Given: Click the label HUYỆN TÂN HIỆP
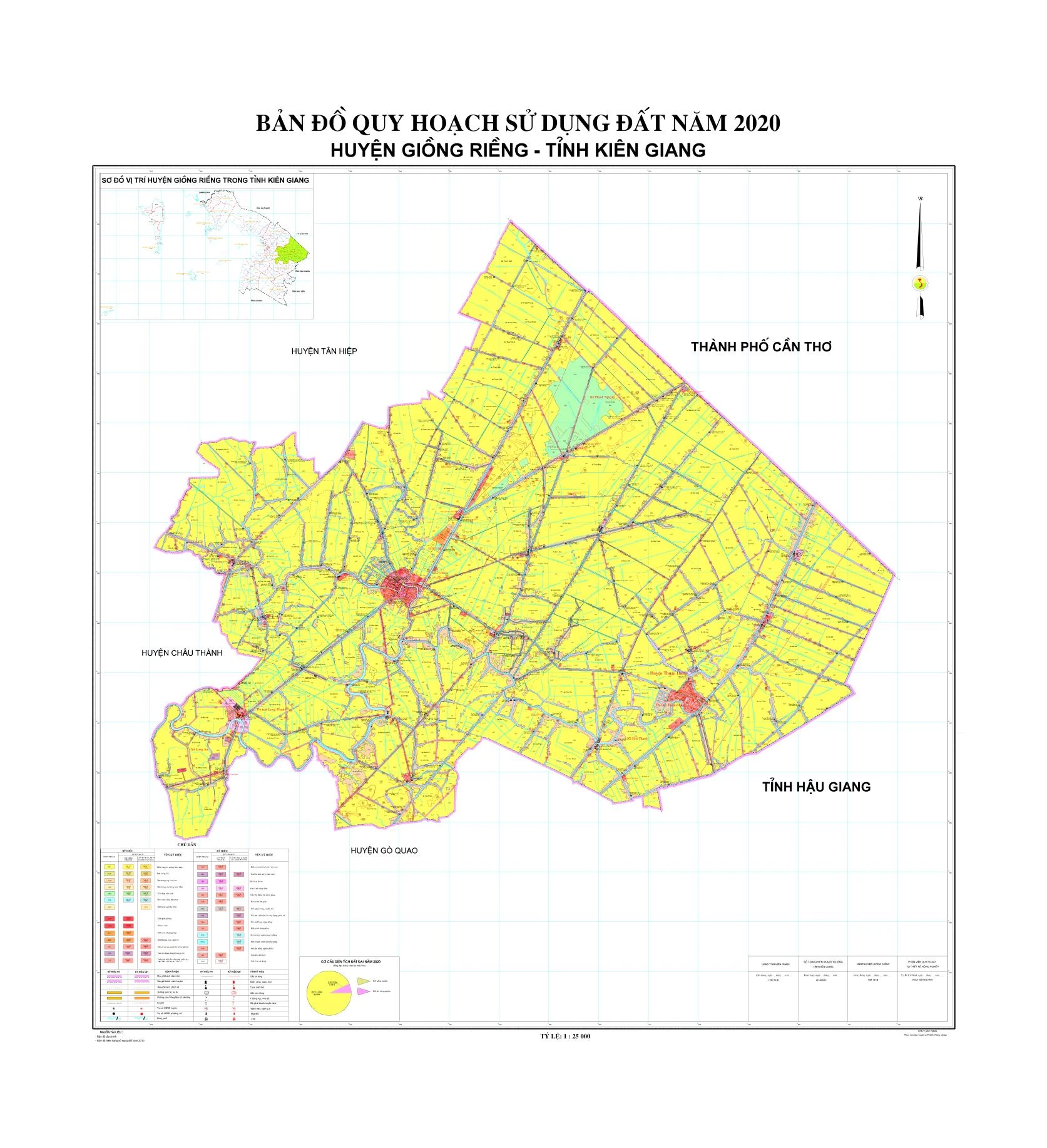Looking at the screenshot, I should pos(324,351).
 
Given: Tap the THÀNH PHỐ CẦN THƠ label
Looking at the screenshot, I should pos(761,347).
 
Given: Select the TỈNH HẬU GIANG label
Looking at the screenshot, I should pos(816,787).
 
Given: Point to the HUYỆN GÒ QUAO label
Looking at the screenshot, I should pos(384,851).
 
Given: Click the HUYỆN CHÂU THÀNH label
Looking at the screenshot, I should pos(181,653).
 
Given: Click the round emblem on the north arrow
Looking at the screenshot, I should pos(920,284).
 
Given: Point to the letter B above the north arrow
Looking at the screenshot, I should pos(920,199).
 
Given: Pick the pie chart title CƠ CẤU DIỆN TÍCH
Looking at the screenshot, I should pos(350,961).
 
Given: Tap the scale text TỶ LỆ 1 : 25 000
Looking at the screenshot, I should pos(565,1037).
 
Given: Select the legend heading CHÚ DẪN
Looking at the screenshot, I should pos(187,844).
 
